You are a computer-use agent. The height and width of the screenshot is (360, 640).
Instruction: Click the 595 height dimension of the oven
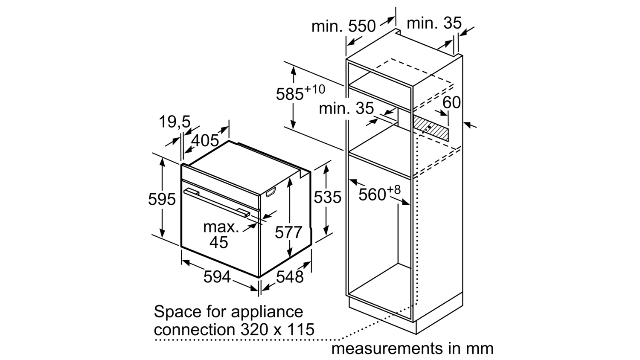[162, 199]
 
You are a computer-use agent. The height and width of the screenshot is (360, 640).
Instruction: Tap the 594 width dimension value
[217, 277]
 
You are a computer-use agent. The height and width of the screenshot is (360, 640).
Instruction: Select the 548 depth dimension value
[290, 277]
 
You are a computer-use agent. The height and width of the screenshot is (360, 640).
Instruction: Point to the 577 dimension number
[288, 232]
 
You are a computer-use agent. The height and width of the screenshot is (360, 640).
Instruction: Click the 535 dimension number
[327, 197]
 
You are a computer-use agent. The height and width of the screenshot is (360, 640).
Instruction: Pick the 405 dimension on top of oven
[205, 141]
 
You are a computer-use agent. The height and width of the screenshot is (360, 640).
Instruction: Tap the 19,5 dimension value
[175, 122]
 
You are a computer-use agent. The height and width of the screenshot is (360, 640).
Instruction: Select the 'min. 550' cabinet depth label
[343, 26]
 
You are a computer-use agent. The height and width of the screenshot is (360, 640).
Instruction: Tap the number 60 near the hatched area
[451, 102]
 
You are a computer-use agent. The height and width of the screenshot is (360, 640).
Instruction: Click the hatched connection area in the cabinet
[431, 128]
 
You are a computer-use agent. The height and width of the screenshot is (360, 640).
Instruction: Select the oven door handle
[217, 203]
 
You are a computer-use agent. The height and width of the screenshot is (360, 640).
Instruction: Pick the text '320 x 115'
[277, 329]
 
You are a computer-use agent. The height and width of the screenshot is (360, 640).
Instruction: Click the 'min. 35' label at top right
[434, 23]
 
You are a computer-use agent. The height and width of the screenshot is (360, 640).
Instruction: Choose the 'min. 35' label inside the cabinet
[346, 109]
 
